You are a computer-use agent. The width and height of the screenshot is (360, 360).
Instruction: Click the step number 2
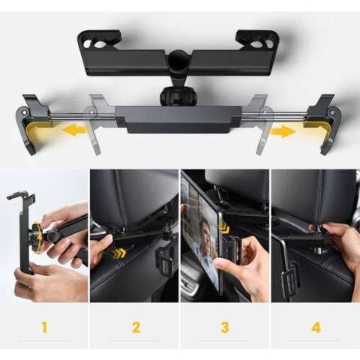click(135, 327)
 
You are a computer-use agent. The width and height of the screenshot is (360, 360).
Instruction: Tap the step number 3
click(224, 327)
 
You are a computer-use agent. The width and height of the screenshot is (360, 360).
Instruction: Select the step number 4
click(314, 327)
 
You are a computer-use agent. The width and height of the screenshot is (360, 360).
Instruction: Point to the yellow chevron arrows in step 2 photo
click(115, 254)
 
